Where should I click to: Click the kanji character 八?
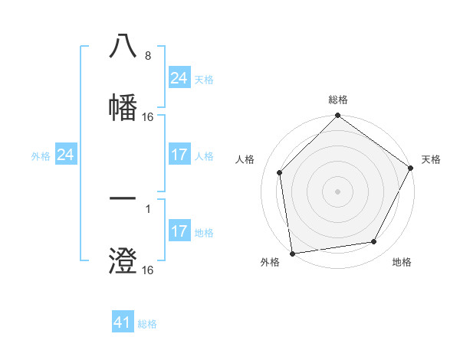[x=123, y=46]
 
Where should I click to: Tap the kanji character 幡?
[x=123, y=106]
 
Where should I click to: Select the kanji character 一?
[x=123, y=199]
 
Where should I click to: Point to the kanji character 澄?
[x=123, y=260]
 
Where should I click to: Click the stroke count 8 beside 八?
[x=147, y=56]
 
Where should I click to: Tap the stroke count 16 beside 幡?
[x=148, y=117]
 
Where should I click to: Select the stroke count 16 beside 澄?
[x=148, y=270]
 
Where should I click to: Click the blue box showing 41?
[x=123, y=322]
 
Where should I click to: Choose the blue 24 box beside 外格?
[x=65, y=155]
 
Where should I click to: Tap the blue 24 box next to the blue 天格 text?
[x=179, y=78]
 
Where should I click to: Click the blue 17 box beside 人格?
[x=179, y=155]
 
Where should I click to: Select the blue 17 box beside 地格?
[x=179, y=231]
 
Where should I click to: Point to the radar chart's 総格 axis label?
[x=338, y=100]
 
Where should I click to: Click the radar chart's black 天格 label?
[x=431, y=159]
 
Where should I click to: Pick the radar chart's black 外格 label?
[x=270, y=263]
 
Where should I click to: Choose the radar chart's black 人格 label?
[x=245, y=159]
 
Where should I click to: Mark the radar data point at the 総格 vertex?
[x=338, y=116]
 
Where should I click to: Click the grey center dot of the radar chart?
[x=338, y=191]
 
